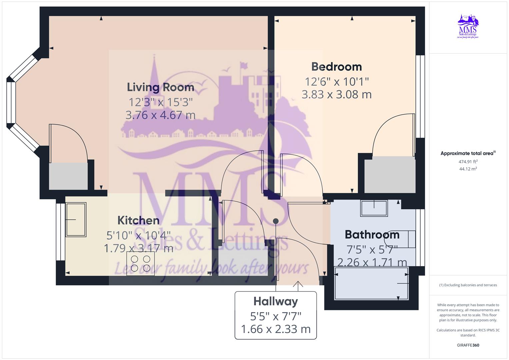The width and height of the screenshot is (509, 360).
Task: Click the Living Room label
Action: click(160, 87)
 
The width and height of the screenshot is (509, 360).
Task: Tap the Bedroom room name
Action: click(336, 67)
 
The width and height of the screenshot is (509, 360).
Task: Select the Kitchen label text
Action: click(138, 220)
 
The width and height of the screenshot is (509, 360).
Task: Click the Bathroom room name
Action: click(372, 235)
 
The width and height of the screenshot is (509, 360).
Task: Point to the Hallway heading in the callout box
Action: click(276, 301)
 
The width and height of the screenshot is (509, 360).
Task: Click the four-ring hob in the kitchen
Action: click(140, 263)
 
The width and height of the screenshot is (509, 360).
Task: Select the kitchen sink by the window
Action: click(76, 220)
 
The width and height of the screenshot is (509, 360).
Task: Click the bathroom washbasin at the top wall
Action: click(374, 208)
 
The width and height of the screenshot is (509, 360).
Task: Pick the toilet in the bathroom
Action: click(400, 239)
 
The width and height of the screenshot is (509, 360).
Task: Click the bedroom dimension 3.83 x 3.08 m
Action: click(336, 95)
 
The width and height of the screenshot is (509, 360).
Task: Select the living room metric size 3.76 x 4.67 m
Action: click(160, 115)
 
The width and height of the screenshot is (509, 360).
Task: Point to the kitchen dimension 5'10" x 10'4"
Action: click(138, 235)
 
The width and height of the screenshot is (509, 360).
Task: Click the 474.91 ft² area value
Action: click(468, 162)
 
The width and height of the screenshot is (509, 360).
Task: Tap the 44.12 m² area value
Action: click(468, 169)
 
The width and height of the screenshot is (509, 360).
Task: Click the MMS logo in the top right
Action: click(468, 27)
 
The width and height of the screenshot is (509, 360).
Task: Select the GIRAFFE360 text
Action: click(468, 345)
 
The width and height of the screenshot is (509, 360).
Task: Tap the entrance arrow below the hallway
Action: click(298, 284)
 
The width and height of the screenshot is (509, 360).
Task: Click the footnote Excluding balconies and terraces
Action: click(468, 285)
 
